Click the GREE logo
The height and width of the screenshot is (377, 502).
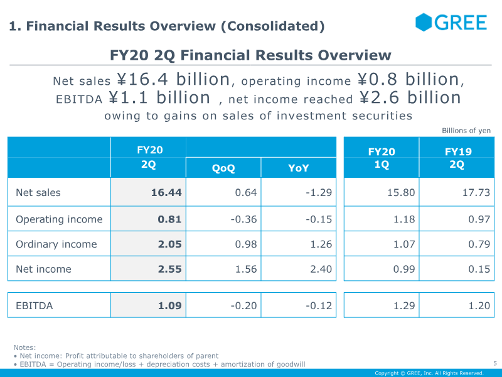[451, 23]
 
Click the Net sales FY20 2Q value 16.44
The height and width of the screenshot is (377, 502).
[166, 193]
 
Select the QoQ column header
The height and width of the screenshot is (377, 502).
[223, 168]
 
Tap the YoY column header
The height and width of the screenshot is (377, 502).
[299, 168]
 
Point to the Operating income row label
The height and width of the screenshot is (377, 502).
[59, 219]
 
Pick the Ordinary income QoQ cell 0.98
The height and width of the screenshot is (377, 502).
[246, 244]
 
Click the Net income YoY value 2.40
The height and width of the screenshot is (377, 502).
[320, 269]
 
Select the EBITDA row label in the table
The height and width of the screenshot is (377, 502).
[35, 306]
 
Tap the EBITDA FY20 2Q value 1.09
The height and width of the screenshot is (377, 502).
[169, 306]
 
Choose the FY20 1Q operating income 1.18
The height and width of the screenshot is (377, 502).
[403, 219]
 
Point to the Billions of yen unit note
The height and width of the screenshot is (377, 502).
[466, 131]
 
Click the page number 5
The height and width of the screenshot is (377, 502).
[494, 363]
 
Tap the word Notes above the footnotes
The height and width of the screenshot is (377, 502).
[25, 347]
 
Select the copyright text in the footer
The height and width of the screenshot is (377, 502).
[429, 373]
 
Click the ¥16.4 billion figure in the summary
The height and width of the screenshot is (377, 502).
[173, 80]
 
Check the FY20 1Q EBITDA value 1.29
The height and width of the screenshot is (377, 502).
[403, 306]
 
